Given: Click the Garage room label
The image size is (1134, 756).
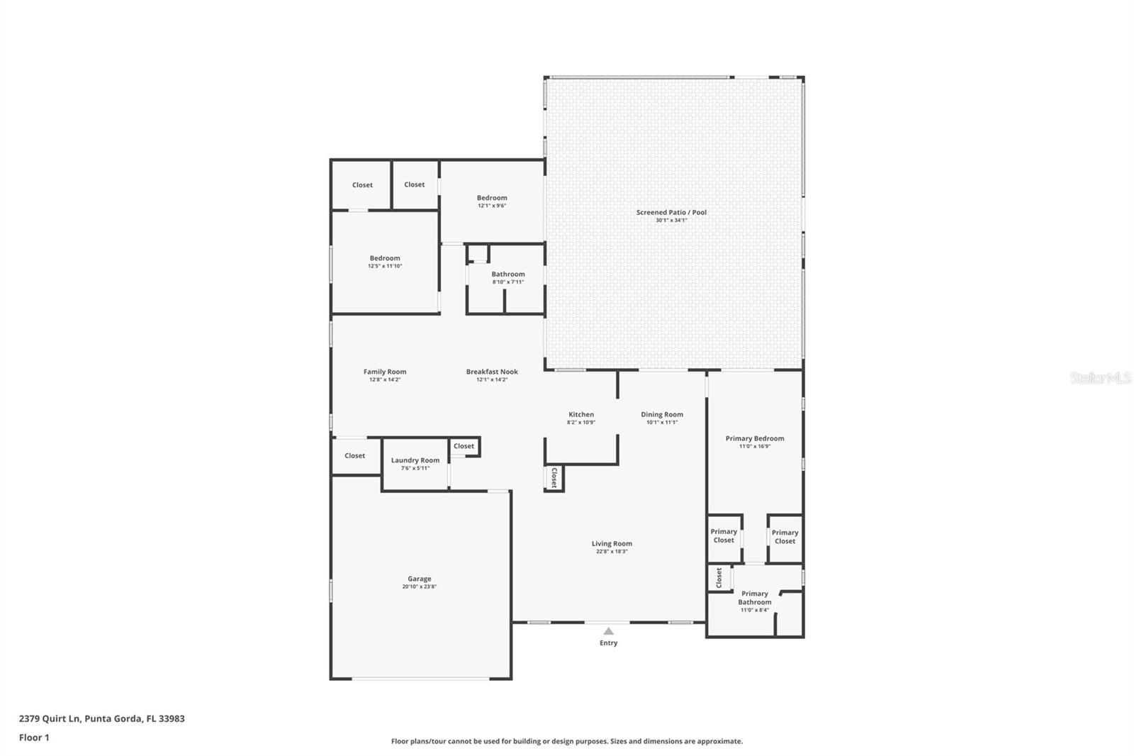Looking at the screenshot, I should point(419,579).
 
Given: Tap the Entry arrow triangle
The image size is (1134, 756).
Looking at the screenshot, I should point(608,630).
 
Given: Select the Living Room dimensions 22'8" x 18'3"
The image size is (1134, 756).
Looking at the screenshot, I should point(612,552).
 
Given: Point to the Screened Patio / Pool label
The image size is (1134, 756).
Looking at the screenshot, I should point(671,212).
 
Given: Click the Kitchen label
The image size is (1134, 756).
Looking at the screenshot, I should point(581,415).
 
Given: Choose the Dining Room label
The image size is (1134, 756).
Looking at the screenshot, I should point(662,415).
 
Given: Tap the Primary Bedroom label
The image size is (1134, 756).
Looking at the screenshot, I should point(755,438).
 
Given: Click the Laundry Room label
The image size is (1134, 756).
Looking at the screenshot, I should point(415,460).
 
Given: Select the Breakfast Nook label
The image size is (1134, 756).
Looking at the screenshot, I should point(492,372).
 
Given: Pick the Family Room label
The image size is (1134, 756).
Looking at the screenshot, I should point(385,372).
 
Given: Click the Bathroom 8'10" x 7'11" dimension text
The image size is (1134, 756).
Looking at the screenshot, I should point(508,282).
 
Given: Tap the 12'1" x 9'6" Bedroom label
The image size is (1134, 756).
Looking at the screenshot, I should point(492,198).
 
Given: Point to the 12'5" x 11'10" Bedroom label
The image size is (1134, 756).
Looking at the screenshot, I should point(385,258).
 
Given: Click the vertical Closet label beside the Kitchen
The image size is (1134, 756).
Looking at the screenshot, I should point(554,477).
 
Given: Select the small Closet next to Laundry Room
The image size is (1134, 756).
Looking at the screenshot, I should point(464,446).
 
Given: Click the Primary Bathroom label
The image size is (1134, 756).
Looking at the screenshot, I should point(755,598).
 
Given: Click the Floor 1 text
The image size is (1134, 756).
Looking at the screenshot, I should point(34,738).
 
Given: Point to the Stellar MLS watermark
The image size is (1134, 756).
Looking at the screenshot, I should point(1101,378).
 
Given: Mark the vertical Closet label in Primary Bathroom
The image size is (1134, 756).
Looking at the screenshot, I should point(719,577).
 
